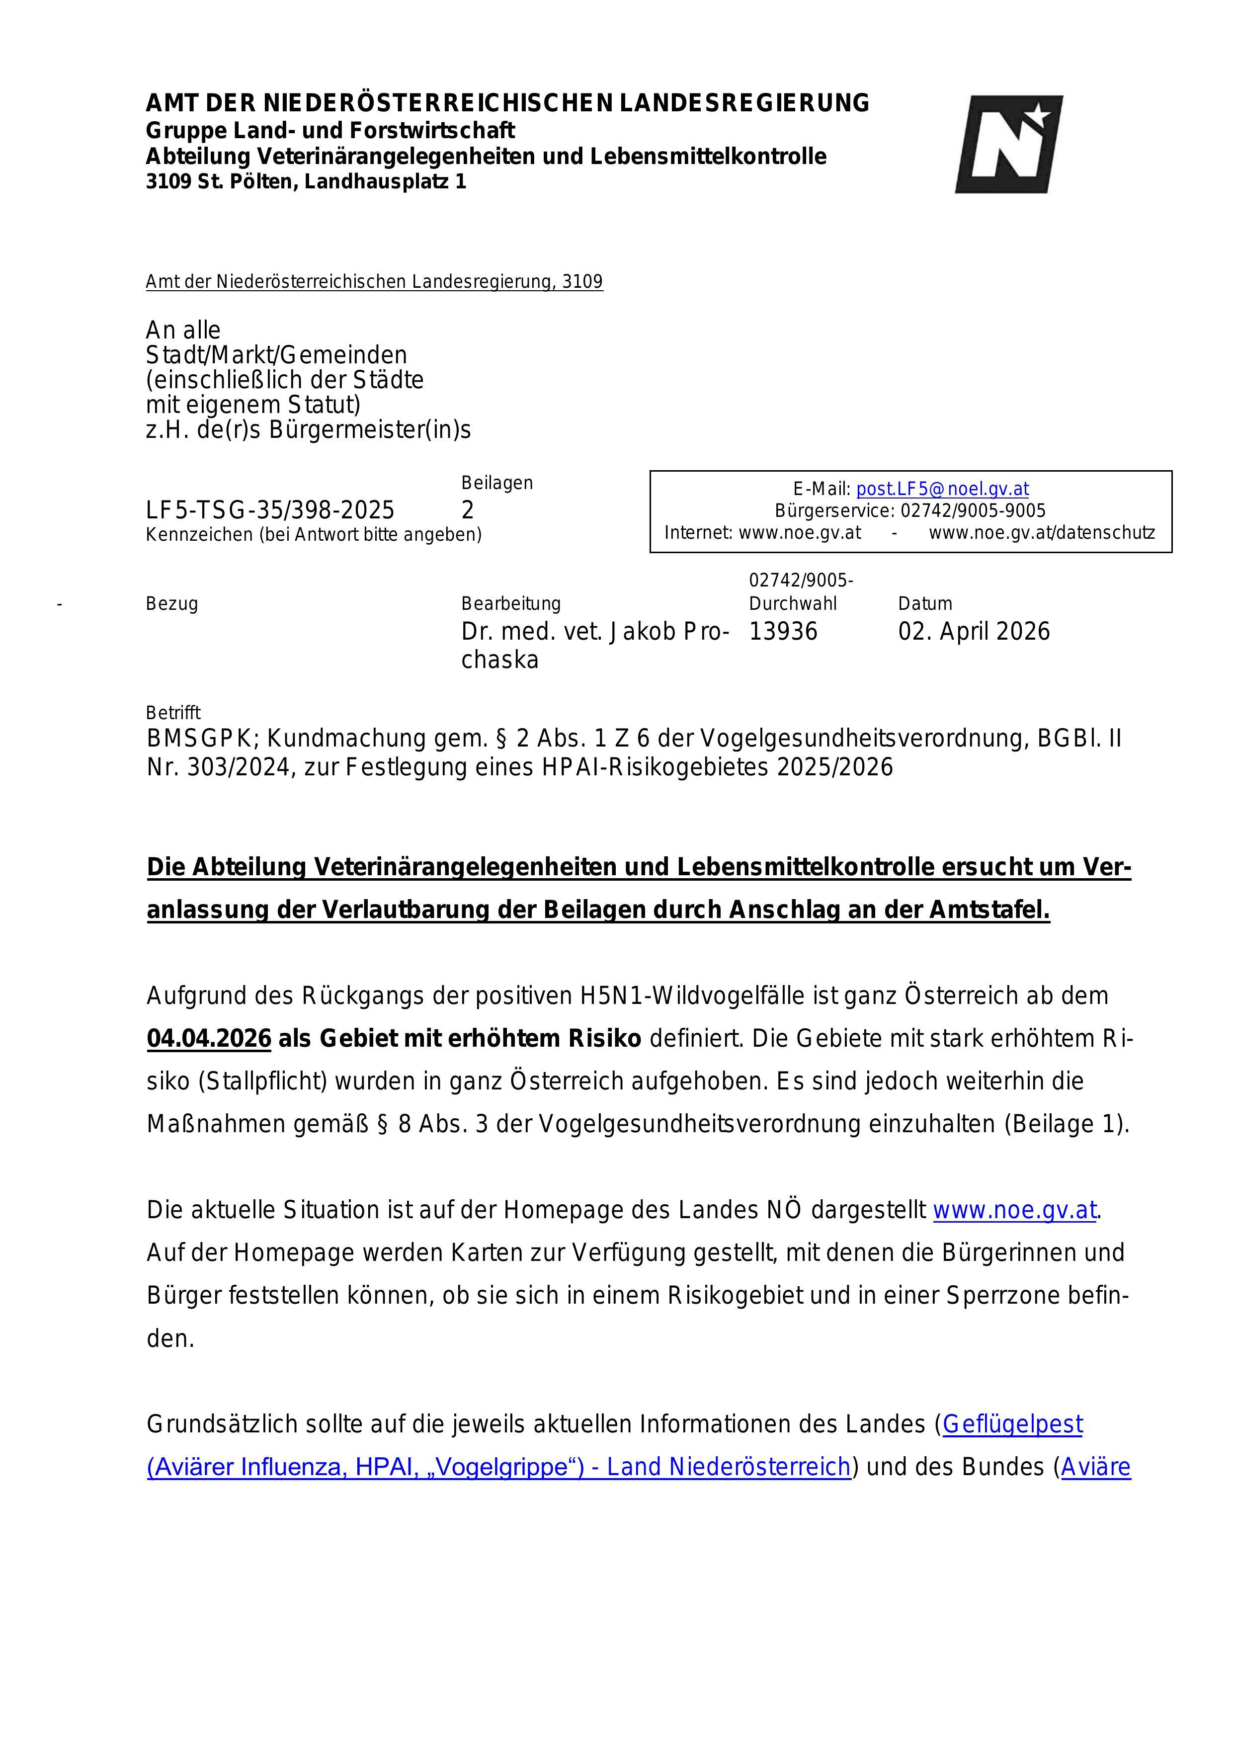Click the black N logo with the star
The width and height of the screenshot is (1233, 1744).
pyautogui.click(x=1008, y=144)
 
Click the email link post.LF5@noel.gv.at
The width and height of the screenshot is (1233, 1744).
pyautogui.click(x=942, y=489)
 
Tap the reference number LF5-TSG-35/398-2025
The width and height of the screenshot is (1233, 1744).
pyautogui.click(x=270, y=509)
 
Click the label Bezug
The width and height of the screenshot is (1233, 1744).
pyautogui.click(x=171, y=604)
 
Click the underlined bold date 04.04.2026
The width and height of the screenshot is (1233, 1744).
pyautogui.click(x=209, y=1038)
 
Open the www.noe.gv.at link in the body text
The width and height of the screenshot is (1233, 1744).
pyautogui.click(x=1014, y=1210)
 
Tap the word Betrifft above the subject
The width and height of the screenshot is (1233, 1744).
pyautogui.click(x=173, y=713)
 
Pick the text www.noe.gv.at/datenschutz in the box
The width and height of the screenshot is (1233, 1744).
pyautogui.click(x=1042, y=532)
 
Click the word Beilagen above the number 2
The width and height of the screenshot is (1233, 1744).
pyautogui.click(x=497, y=483)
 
